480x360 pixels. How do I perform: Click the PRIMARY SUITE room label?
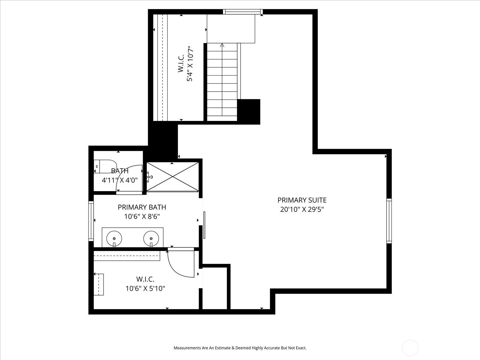tap(302, 200)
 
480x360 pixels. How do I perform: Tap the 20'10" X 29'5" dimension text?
tap(302, 209)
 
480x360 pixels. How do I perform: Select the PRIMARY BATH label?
tap(142, 207)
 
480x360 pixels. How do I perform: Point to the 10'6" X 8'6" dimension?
tap(142, 216)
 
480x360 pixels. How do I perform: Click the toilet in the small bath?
tap(105, 166)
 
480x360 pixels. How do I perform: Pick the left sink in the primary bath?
tap(114, 238)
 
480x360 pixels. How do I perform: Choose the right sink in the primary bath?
tap(151, 238)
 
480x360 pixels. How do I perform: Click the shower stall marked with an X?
tap(172, 177)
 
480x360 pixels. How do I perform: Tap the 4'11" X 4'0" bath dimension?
tap(120, 180)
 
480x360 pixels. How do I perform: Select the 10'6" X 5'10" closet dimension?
tap(145, 289)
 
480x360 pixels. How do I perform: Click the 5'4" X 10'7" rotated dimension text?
tap(190, 64)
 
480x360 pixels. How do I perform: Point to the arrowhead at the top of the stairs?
tap(222, 45)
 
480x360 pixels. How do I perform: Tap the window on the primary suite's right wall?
tap(389, 221)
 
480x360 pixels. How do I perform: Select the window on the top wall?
tap(243, 12)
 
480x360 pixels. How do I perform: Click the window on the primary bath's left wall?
tap(91, 221)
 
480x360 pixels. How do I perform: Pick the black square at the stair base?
tap(249, 112)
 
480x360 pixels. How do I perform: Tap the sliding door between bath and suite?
tap(204, 225)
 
